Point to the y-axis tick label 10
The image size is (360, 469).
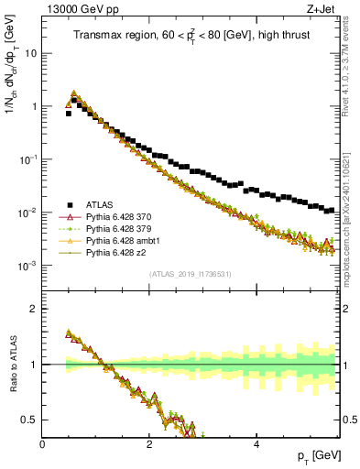(x=30, y=53)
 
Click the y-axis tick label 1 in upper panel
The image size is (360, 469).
(x=34, y=106)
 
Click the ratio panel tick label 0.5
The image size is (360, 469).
(x=30, y=420)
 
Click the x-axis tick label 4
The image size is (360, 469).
(x=256, y=444)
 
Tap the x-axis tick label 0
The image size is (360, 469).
(x=43, y=444)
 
